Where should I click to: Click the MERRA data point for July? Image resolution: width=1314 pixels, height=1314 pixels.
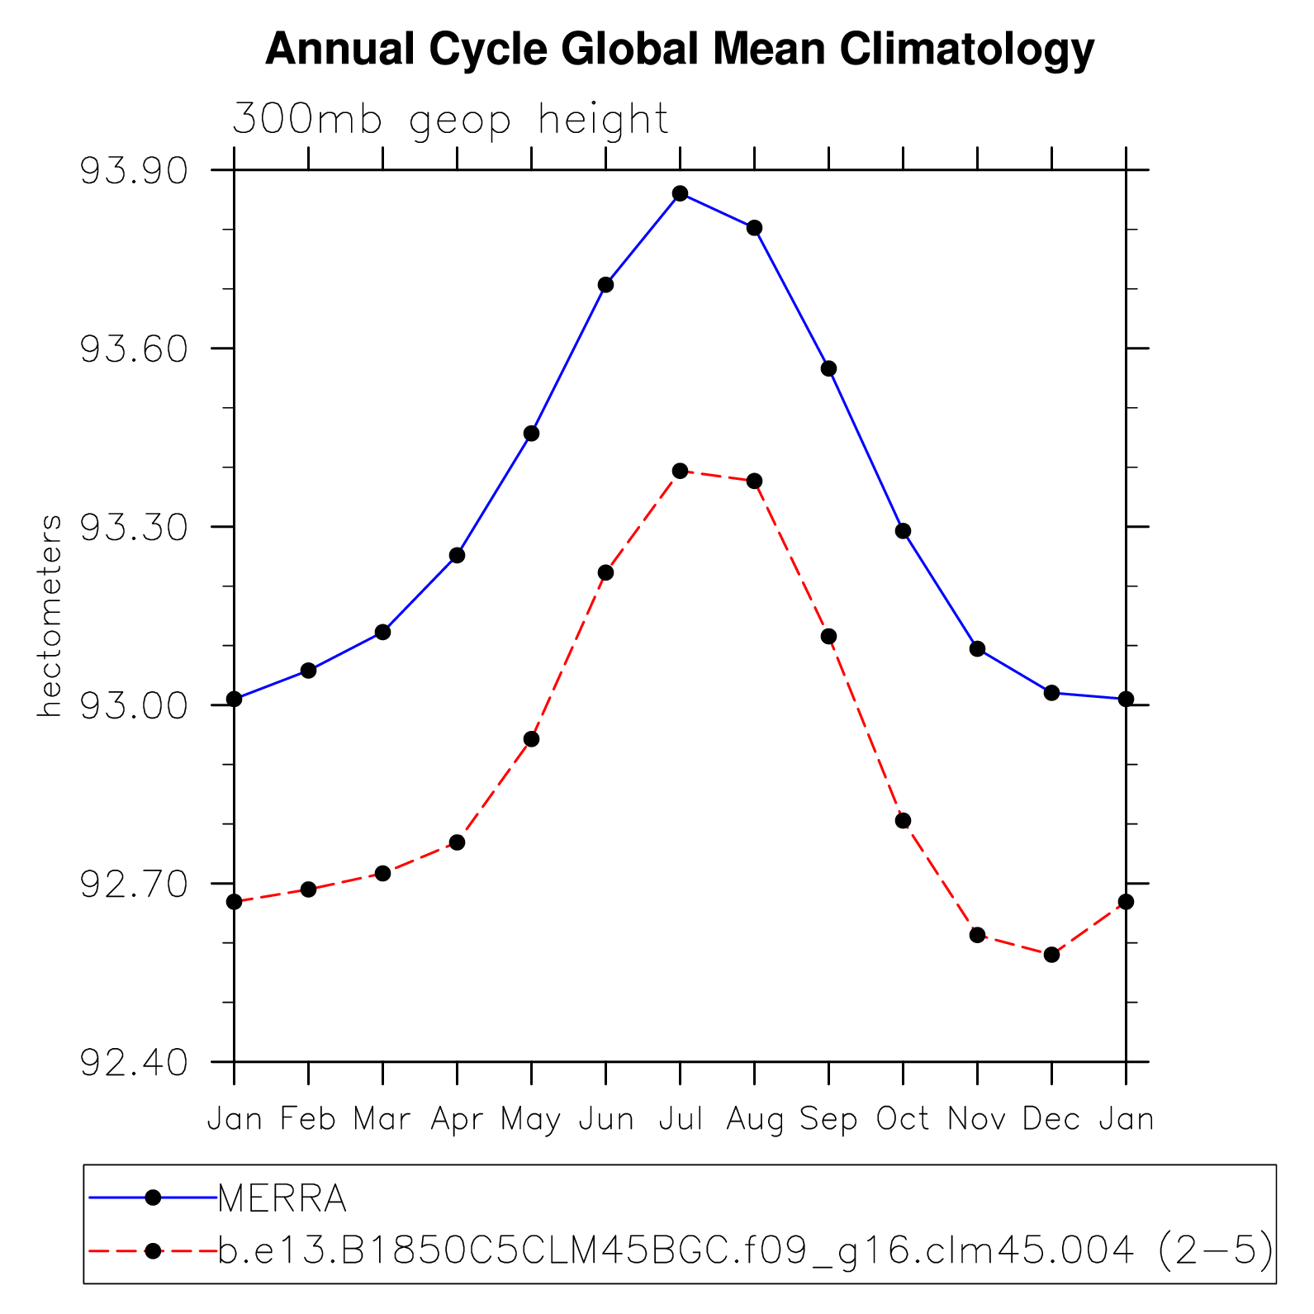(680, 193)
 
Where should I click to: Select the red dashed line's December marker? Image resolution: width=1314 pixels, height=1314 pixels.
(1051, 955)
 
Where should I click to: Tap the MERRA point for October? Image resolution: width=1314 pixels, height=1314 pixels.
(903, 531)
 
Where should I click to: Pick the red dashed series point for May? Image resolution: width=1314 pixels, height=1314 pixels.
(531, 739)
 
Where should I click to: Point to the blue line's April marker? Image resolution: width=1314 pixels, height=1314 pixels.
(457, 555)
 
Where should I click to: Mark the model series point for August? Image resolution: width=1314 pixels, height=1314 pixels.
(754, 481)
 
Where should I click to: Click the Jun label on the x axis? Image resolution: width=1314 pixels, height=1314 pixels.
(605, 1120)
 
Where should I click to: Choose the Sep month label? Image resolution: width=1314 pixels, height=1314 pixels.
(828, 1120)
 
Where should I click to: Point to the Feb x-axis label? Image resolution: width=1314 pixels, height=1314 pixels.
(308, 1120)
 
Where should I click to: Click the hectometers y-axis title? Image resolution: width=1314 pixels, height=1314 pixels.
(50, 616)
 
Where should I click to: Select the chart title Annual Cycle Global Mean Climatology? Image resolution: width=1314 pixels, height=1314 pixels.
(679, 50)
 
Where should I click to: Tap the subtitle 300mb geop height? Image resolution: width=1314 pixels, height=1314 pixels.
(450, 120)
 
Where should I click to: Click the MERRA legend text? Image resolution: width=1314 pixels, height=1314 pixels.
(282, 1198)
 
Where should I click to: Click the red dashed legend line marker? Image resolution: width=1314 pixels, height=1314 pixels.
(153, 1251)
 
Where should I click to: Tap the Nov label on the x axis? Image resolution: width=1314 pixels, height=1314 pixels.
(977, 1120)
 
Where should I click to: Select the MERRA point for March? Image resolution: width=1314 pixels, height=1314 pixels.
(382, 632)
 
